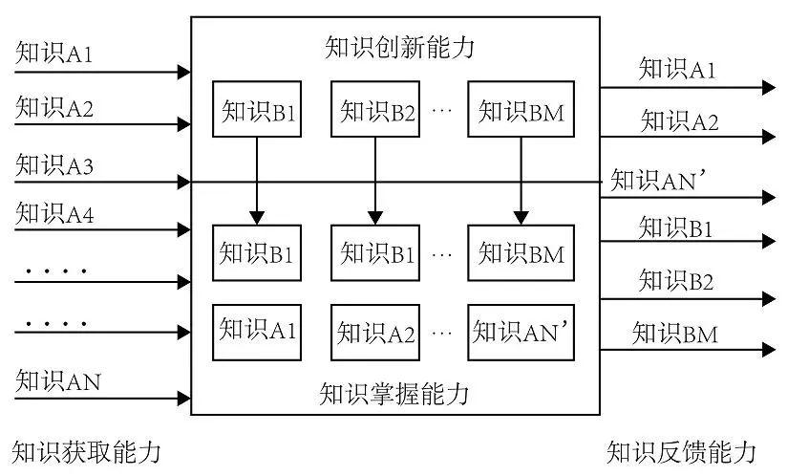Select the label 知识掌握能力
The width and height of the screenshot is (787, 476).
click(x=394, y=393)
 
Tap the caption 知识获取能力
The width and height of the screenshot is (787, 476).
click(x=86, y=451)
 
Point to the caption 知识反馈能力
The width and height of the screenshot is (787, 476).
click(x=681, y=451)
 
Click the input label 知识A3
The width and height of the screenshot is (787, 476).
click(x=54, y=165)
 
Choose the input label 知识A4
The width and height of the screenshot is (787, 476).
click(x=54, y=215)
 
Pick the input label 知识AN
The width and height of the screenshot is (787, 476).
click(x=57, y=382)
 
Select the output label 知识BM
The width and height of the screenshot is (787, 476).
click(x=674, y=334)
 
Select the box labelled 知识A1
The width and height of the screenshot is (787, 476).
click(x=257, y=331)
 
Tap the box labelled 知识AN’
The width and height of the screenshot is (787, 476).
click(x=521, y=331)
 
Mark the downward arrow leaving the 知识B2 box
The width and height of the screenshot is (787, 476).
click(x=374, y=177)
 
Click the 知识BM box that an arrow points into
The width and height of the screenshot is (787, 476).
click(x=521, y=253)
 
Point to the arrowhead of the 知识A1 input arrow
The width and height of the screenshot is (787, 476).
click(x=184, y=71)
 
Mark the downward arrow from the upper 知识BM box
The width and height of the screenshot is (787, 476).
click(x=521, y=177)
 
